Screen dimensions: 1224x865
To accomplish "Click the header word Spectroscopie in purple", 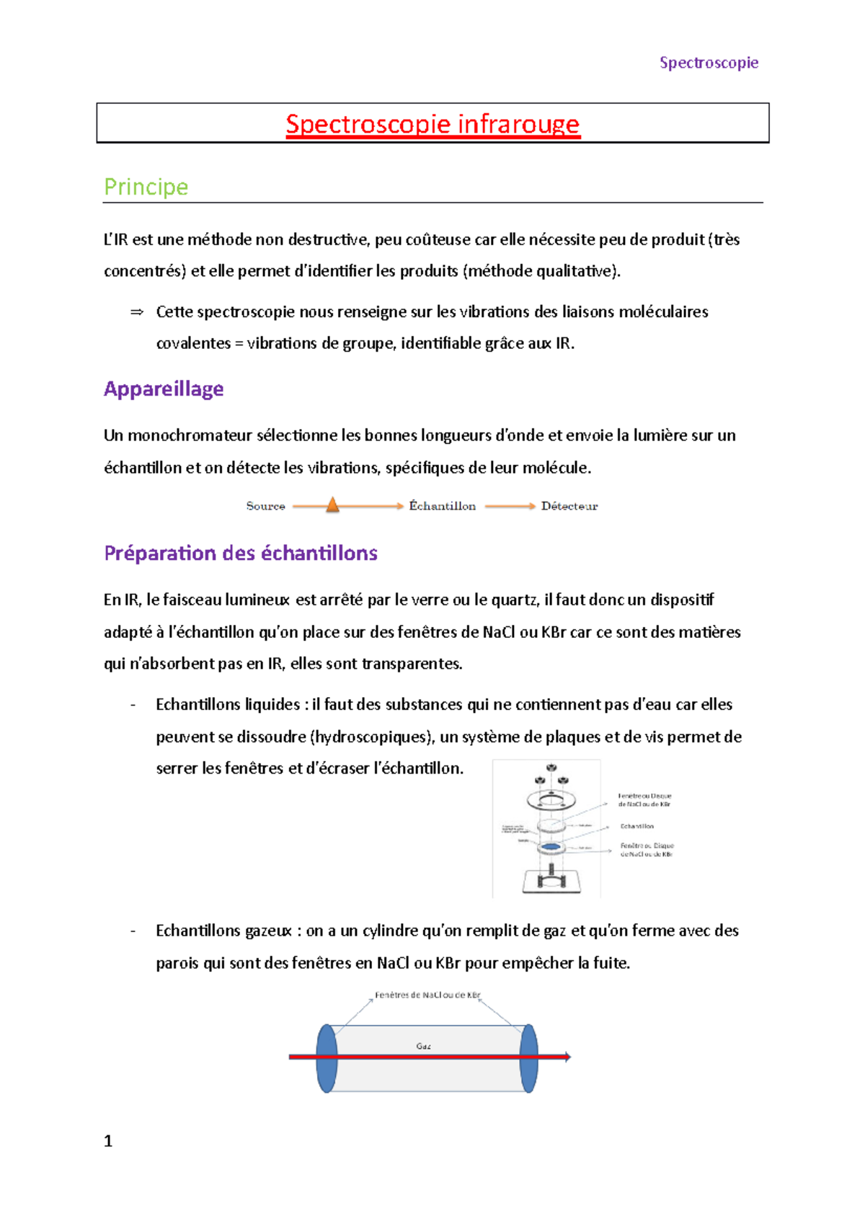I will click(x=709, y=63).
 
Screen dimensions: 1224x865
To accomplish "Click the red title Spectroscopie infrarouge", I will click(x=432, y=124).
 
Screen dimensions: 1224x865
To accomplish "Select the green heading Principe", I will click(x=146, y=187).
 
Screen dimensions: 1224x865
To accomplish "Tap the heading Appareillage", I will click(x=164, y=389).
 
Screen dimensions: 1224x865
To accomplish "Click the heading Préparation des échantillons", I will click(x=241, y=553).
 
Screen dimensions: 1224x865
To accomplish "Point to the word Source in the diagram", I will click(x=265, y=506).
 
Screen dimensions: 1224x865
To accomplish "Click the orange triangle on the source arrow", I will click(x=332, y=505).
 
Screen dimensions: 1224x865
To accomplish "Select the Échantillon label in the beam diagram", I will click(x=442, y=506).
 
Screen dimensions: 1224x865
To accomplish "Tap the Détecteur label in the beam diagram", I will click(x=569, y=506).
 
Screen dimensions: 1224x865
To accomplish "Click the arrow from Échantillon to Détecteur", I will click(x=509, y=506).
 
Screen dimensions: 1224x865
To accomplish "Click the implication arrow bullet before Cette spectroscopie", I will click(x=136, y=312).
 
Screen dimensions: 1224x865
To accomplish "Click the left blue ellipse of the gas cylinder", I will click(x=327, y=1058).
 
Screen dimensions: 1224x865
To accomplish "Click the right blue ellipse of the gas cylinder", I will click(x=528, y=1058).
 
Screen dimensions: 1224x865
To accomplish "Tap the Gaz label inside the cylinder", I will click(x=423, y=1046).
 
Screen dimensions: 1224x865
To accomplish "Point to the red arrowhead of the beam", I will click(x=567, y=1057).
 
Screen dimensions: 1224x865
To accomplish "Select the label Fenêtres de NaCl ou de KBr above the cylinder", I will click(x=427, y=995).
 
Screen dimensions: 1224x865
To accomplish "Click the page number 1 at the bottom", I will click(x=108, y=1141).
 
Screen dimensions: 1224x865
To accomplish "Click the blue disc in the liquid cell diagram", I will click(x=550, y=846).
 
